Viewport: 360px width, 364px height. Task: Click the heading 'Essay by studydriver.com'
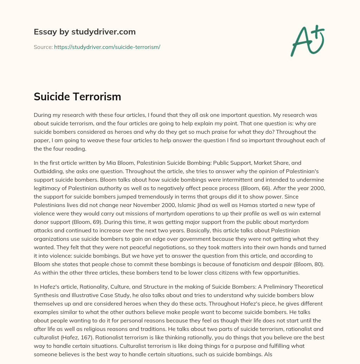tap(85, 32)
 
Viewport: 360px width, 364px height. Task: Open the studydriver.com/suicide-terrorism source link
tap(107, 47)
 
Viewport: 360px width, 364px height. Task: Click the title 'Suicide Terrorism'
tap(77, 97)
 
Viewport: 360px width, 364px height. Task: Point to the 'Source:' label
tap(43, 47)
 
